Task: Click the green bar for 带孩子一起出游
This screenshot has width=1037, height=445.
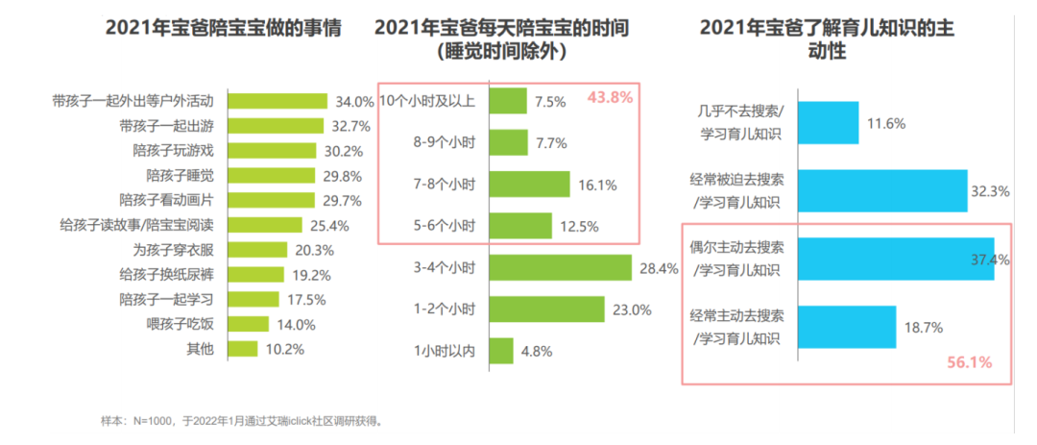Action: click(276, 125)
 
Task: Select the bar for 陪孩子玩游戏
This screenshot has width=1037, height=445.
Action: click(272, 150)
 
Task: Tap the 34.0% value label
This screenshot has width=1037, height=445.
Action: click(354, 101)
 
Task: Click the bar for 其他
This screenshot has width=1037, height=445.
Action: click(243, 348)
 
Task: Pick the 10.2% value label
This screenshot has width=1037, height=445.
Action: click(285, 348)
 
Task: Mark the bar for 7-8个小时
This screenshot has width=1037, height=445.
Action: click(529, 184)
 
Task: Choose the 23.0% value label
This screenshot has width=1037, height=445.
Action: click(632, 309)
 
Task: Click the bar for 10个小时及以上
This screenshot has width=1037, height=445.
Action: click(508, 101)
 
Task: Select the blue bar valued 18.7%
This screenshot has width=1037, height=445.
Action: click(846, 327)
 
